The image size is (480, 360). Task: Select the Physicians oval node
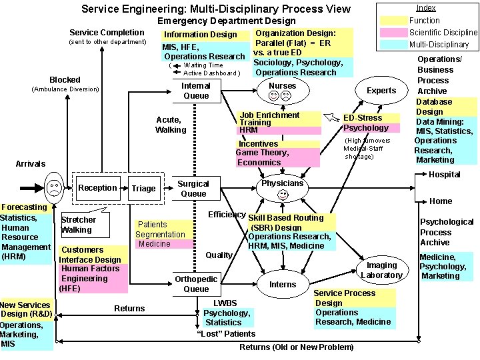[x=283, y=189]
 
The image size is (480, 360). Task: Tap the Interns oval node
[x=283, y=284]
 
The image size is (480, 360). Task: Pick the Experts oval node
[x=381, y=91]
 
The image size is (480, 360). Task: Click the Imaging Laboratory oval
[x=381, y=270]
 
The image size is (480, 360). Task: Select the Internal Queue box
[x=196, y=91]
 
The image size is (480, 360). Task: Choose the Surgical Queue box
[x=193, y=189]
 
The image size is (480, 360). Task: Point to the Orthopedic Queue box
[x=196, y=284]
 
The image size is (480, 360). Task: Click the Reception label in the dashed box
[x=98, y=187]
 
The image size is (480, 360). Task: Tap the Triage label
[x=143, y=188]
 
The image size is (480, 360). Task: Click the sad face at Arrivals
[x=52, y=187]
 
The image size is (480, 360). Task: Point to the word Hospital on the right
[x=444, y=175]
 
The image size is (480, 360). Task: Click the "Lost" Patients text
[x=226, y=333]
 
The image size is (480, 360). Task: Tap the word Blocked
[x=65, y=79]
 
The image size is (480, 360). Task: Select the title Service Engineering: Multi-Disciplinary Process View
[x=215, y=9]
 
